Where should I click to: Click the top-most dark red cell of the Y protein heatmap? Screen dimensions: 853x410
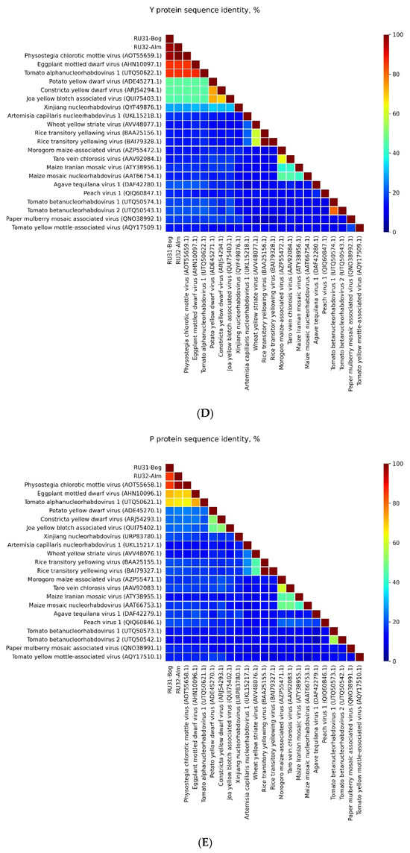(x=169, y=38)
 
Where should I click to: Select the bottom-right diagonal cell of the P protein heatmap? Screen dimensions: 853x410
(x=359, y=656)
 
